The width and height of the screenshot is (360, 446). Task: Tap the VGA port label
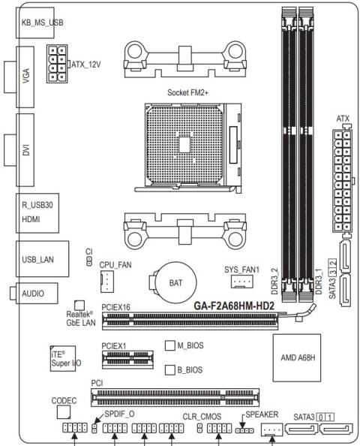[x=26, y=81]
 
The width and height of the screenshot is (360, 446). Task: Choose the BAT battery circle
[x=172, y=282]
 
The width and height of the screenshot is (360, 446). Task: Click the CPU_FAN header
[x=109, y=281]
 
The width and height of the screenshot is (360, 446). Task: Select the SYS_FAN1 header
[x=240, y=282]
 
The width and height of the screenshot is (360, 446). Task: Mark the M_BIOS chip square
[x=169, y=345]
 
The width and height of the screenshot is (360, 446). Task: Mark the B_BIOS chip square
[x=169, y=369]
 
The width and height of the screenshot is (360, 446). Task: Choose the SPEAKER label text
[x=260, y=414]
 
